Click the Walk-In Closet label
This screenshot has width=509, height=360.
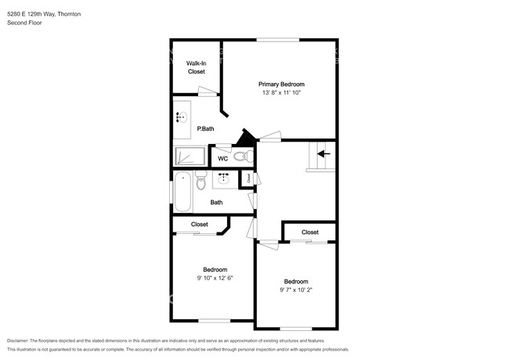pyautogui.click(x=196, y=67)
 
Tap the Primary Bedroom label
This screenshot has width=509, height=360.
pyautogui.click(x=281, y=84)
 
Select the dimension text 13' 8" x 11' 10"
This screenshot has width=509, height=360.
pyautogui.click(x=281, y=93)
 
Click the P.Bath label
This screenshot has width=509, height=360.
pyautogui.click(x=205, y=128)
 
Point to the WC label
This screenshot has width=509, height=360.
pyautogui.click(x=222, y=158)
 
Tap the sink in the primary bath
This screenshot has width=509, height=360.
pyautogui.click(x=182, y=117)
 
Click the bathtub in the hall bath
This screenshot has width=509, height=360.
pyautogui.click(x=182, y=192)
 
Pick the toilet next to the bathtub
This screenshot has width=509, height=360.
pyautogui.click(x=201, y=182)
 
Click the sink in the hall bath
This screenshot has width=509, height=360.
pyautogui.click(x=223, y=179)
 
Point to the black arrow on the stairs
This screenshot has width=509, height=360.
pyautogui.click(x=323, y=154)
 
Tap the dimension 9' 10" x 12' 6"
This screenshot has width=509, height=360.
pyautogui.click(x=215, y=277)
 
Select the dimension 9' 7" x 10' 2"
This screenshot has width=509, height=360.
pyautogui.click(x=295, y=290)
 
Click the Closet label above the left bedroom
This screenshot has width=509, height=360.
pyautogui.click(x=200, y=225)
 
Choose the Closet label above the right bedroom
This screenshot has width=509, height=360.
pyautogui.click(x=310, y=232)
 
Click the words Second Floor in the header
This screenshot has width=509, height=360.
pyautogui.click(x=24, y=23)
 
